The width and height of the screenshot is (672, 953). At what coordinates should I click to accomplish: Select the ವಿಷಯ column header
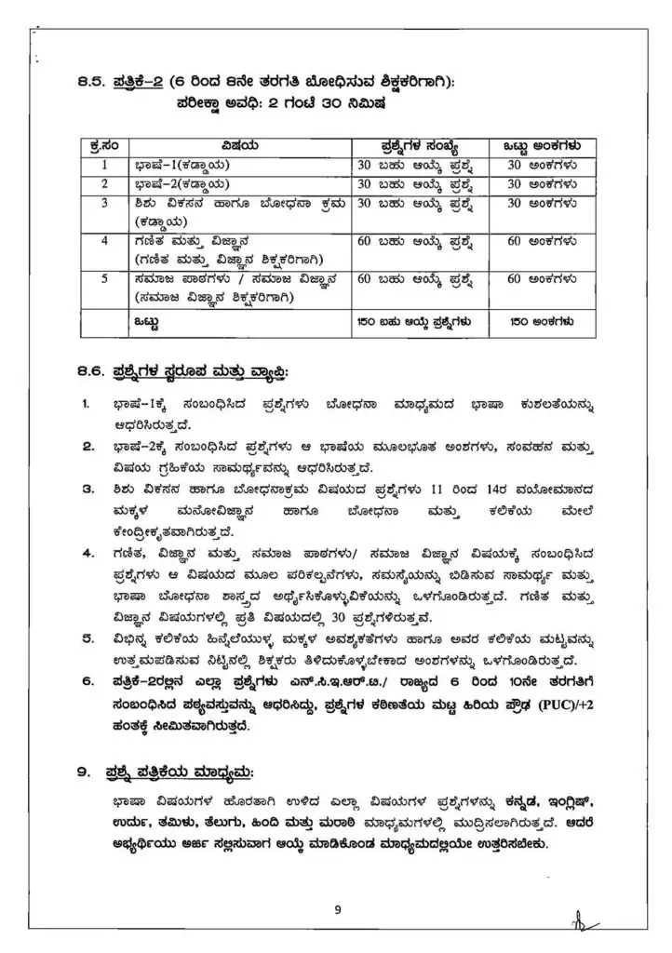coord(239,146)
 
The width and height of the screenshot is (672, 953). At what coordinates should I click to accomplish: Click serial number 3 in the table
coord(105,202)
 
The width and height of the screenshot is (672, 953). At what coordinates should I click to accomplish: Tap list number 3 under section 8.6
coord(87,488)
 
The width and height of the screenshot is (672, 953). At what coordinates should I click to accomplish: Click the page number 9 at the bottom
coord(338,910)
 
